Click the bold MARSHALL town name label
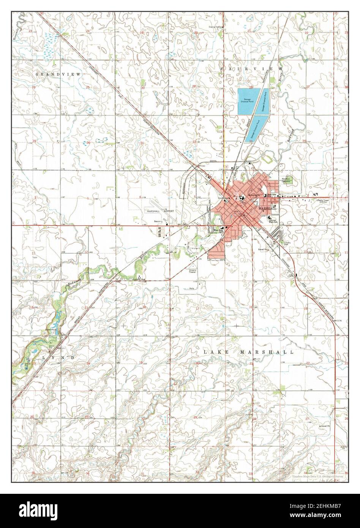pos(268,209)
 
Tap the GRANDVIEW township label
pos(58,75)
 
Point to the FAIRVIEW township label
pos(251,68)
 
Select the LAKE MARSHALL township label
pos(248,352)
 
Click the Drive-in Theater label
pos(193,272)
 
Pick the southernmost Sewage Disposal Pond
pos(254,130)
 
